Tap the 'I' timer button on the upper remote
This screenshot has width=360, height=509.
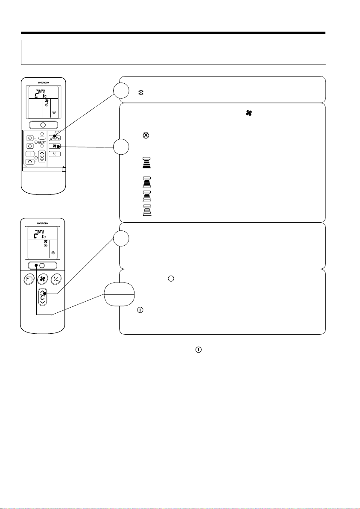(x=29, y=153)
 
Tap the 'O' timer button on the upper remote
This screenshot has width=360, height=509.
(x=29, y=161)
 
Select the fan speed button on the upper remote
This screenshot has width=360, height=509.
(x=56, y=146)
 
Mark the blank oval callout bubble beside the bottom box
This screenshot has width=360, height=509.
(x=117, y=294)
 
